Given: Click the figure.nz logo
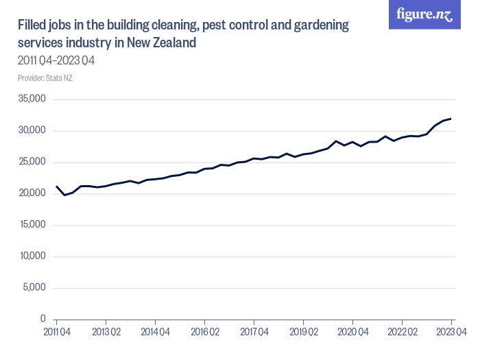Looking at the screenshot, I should point(424,15).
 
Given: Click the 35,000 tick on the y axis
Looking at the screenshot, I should point(32,99).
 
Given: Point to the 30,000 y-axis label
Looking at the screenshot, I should point(32,131).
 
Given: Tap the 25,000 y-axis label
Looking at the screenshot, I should point(32,163).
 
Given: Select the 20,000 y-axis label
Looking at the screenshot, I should point(32,194).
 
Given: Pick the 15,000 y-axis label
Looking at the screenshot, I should point(32,225).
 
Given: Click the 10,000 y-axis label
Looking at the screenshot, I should point(32,256).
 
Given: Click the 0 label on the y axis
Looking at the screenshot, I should point(43,320).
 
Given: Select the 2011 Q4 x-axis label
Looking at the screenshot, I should point(56,332).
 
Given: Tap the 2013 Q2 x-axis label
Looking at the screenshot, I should point(106,332).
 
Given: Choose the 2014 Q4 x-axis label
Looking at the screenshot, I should point(155,332).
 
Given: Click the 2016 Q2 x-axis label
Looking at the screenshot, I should point(204,332).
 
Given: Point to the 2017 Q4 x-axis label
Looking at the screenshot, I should point(254,332).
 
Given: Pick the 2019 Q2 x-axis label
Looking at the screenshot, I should point(303,332).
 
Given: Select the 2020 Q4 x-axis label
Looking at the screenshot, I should point(352,332).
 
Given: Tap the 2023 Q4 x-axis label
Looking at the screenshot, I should point(451,332).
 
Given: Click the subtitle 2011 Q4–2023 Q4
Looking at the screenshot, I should point(56,60).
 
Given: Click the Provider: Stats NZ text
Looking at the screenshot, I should point(45,78).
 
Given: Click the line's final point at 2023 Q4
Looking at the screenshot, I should point(451,119).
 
